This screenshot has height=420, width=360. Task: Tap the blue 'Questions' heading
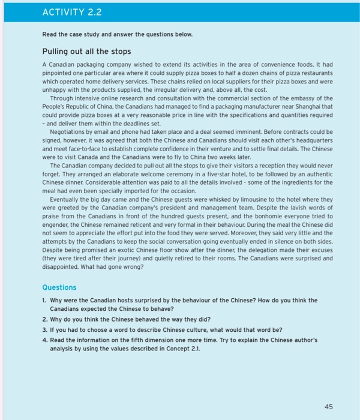(x=59, y=287)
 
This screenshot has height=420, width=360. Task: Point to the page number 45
(x=328, y=406)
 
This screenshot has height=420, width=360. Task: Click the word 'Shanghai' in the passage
(x=301, y=106)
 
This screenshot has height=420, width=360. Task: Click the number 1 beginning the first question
(x=44, y=300)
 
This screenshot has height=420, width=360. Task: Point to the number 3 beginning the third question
(x=45, y=330)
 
